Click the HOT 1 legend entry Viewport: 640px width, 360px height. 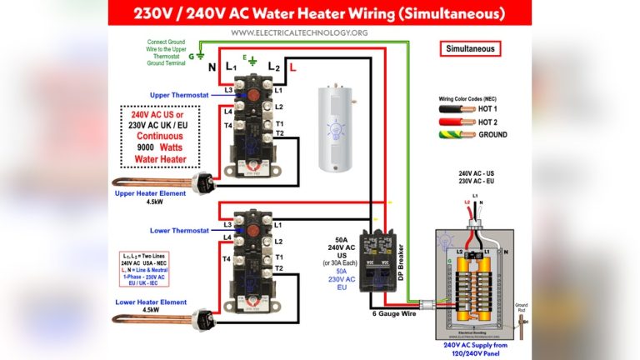click(x=492, y=109)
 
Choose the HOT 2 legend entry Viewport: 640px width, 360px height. click(x=492, y=122)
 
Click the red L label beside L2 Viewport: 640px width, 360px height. click(x=293, y=66)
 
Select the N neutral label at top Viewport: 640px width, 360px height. click(x=211, y=67)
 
